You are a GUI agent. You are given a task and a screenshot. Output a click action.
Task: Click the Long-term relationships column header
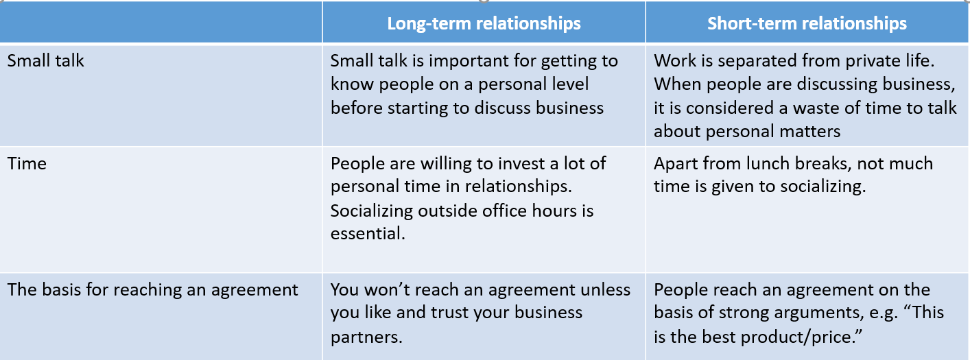[x=484, y=23]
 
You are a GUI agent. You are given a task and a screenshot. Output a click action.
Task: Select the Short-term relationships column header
[x=807, y=23]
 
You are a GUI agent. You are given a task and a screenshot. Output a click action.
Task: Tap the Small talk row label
[x=45, y=60]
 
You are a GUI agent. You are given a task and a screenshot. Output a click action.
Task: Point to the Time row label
[x=27, y=164]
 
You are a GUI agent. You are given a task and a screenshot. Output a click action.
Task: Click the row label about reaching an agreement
[x=152, y=290]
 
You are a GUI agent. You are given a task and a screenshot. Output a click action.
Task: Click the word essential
[x=368, y=234]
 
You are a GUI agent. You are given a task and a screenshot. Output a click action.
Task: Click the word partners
[x=366, y=337]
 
